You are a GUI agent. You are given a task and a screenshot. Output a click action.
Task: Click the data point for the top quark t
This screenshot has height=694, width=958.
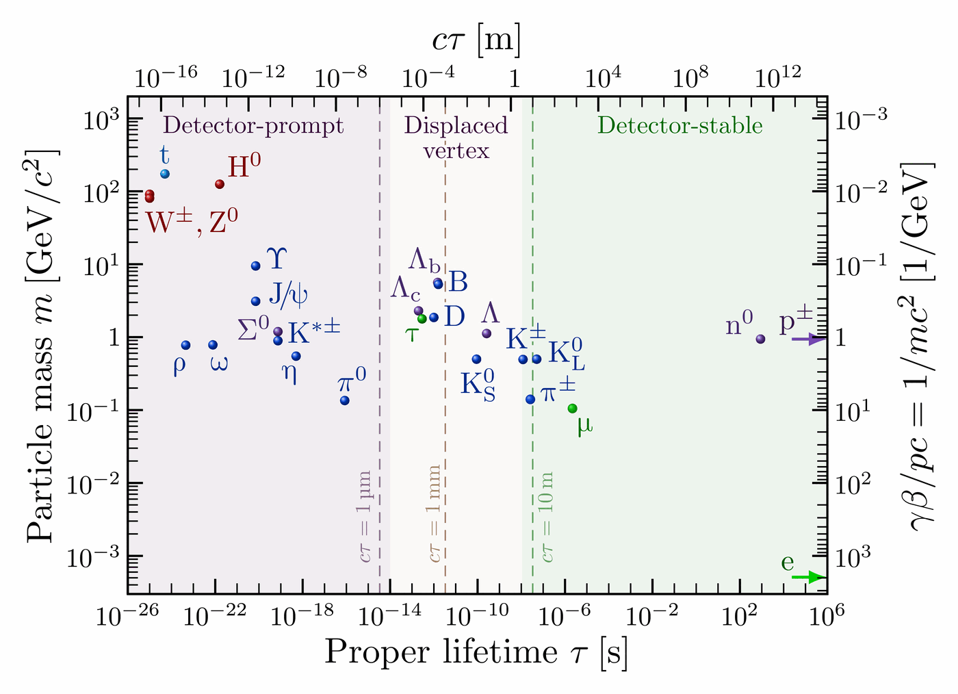click(x=165, y=174)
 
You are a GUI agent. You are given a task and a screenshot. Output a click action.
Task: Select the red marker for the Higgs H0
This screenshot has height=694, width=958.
click(x=220, y=184)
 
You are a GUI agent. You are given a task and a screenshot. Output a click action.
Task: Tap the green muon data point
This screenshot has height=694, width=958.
click(x=572, y=409)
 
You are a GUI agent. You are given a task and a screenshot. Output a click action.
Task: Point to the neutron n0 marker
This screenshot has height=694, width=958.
click(x=760, y=339)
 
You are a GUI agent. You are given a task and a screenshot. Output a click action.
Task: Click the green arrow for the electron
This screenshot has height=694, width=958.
click(x=807, y=578)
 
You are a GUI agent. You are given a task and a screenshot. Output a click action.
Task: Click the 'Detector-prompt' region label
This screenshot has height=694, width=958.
click(x=254, y=126)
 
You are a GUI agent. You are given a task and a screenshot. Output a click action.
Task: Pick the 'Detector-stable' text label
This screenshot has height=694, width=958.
click(x=679, y=126)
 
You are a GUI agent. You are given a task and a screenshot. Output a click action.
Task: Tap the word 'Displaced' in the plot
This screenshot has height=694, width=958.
click(x=456, y=125)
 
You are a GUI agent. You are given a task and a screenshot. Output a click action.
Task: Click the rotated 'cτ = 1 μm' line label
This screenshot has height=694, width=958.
click(x=365, y=516)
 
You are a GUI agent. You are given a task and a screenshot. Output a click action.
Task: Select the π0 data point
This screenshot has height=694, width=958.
click(x=345, y=400)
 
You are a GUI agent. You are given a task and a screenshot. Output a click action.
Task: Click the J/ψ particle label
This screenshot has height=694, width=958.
click(x=288, y=294)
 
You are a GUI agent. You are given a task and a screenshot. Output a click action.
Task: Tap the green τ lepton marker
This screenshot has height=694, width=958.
click(x=422, y=318)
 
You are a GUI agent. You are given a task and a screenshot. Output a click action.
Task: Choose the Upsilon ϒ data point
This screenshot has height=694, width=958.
click(x=256, y=266)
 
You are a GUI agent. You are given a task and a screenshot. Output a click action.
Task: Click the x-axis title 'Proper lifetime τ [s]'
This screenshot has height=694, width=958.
click(x=476, y=652)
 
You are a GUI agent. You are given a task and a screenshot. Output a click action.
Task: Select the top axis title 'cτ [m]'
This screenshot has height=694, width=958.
click(x=476, y=40)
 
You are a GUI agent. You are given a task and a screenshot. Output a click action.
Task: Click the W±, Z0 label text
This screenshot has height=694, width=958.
click(x=192, y=222)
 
